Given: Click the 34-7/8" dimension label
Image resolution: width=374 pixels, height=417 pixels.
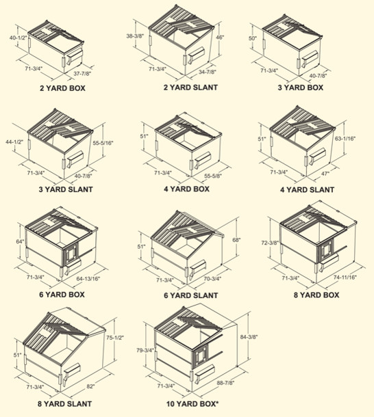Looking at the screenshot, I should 209,72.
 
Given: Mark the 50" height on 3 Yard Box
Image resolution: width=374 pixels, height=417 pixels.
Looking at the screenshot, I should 253,39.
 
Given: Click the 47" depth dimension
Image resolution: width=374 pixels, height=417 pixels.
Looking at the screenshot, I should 326,174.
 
